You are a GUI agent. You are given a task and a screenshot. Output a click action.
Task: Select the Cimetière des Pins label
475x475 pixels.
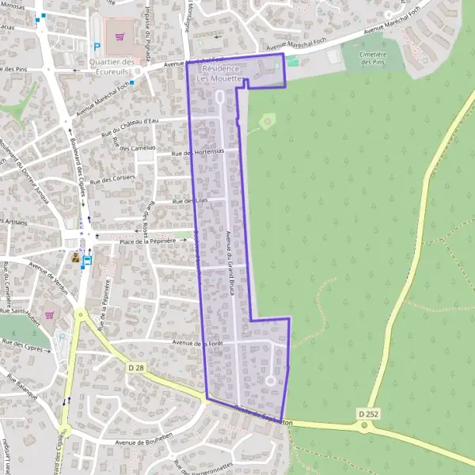pyautogui.click(x=372, y=59)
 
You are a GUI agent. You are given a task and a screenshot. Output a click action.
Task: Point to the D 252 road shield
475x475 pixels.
pyautogui.click(x=367, y=413)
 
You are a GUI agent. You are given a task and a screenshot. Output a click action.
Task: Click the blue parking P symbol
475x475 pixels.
pyautogui.click(x=97, y=47)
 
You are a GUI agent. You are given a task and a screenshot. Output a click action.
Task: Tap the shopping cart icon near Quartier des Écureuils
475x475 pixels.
pyautogui.click(x=120, y=35)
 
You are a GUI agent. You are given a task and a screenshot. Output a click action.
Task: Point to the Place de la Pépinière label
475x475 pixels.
pyautogui.click(x=146, y=241)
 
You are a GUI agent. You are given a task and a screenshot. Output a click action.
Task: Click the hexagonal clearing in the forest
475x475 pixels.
pyautogui.click(x=267, y=122)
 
